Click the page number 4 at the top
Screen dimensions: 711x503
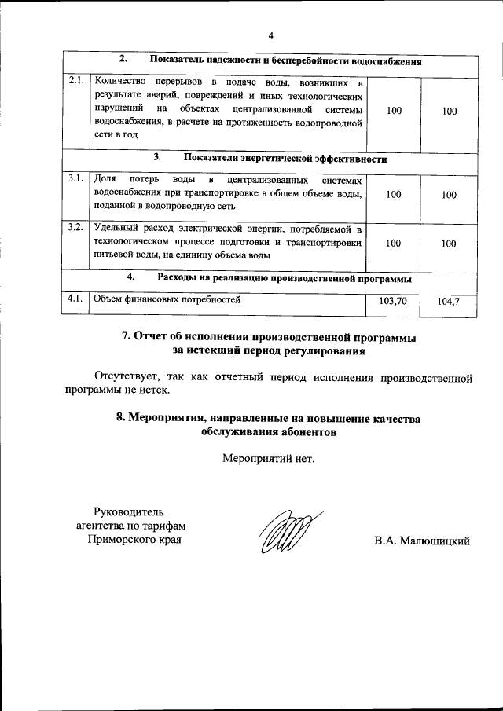[270, 36]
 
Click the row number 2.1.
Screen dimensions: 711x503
[75, 81]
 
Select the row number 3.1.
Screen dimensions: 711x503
[75, 180]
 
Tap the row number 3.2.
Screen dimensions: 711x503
[75, 229]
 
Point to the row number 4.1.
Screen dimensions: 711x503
[75, 299]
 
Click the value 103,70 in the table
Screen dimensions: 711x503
[393, 301]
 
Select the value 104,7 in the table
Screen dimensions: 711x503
[449, 301]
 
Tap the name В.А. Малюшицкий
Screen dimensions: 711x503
[422, 541]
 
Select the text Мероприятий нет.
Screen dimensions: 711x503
[269, 458]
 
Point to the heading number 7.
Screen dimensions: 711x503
[127, 337]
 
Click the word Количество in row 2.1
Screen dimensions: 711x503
[117, 82]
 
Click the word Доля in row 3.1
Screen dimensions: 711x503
[104, 180]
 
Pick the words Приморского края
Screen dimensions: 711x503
[134, 541]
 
